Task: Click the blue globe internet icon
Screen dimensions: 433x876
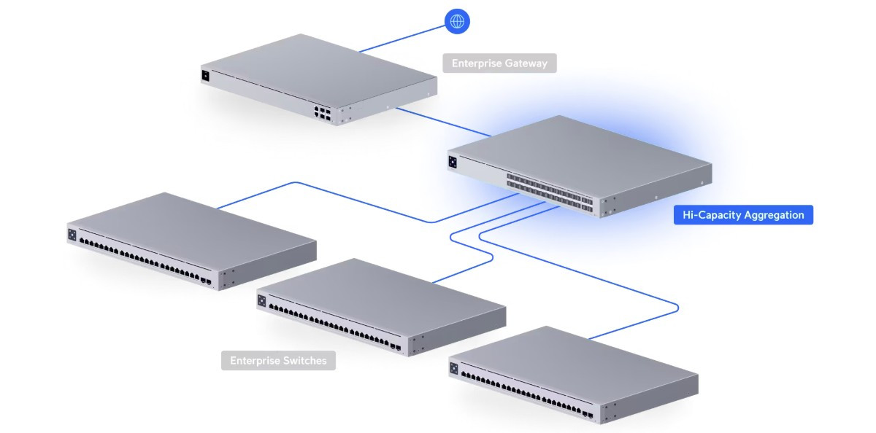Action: tap(457, 20)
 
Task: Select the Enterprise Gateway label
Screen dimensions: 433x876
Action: tap(499, 63)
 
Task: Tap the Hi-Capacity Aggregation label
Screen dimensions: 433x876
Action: tap(743, 215)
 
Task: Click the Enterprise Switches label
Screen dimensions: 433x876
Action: tap(278, 361)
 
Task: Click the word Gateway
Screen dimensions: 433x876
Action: tap(522, 63)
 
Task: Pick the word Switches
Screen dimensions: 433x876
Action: tap(303, 361)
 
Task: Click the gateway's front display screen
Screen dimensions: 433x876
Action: tap(206, 75)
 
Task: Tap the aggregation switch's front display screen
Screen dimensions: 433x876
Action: tap(453, 162)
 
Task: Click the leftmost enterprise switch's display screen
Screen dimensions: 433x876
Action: tap(72, 235)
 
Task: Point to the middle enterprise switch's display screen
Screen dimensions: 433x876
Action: tap(261, 300)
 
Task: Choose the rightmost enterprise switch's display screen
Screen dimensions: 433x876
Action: tap(453, 369)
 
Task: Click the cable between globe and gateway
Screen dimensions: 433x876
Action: tap(401, 39)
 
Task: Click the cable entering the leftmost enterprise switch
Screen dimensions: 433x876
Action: tap(255, 194)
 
